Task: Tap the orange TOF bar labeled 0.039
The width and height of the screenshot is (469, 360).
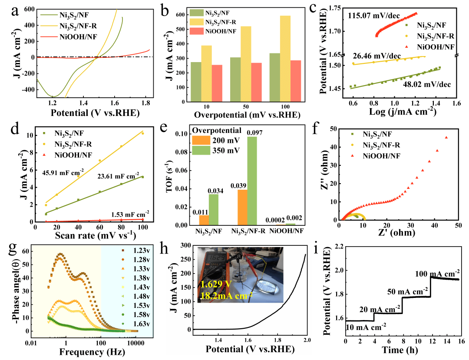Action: tap(242, 208)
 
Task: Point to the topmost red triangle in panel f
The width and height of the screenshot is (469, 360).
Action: tap(446, 138)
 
